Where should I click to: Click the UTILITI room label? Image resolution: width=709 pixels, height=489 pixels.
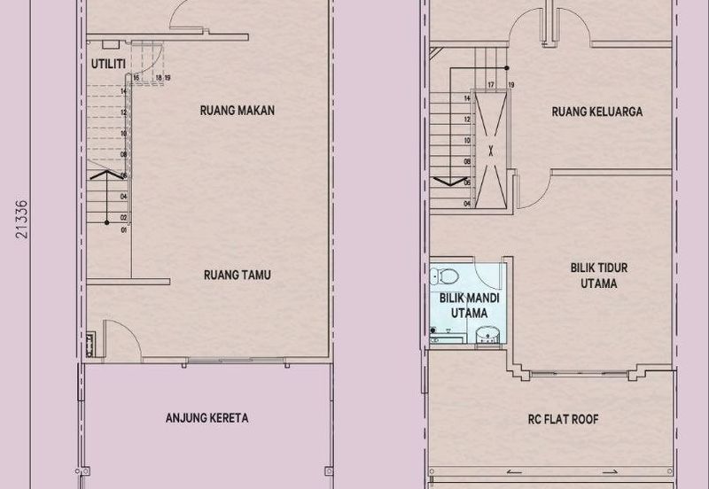(108, 64)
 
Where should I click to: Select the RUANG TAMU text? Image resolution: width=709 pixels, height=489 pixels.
(236, 276)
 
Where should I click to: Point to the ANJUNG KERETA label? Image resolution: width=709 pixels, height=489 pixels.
(206, 418)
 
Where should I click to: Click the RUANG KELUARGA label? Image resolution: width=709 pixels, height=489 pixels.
(596, 113)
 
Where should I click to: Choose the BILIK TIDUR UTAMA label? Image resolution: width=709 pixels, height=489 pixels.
(594, 275)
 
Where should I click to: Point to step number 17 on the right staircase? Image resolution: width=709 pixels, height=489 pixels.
(490, 85)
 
